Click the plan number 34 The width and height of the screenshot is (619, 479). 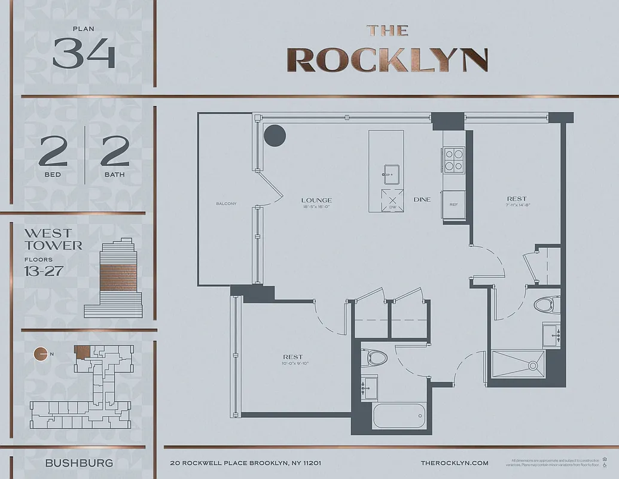click(83, 54)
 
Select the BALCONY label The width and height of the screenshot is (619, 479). click(226, 204)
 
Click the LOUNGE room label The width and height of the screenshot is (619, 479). click(316, 200)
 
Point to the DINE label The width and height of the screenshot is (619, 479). click(422, 200)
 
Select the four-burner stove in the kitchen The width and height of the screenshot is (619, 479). click(454, 159)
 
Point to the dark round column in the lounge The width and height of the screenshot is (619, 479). click(275, 135)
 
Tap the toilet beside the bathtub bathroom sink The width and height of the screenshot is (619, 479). click(376, 357)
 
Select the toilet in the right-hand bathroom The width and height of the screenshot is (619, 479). click(545, 305)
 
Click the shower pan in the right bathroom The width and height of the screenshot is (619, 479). click(518, 363)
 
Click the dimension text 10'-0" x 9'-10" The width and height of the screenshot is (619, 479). click(293, 363)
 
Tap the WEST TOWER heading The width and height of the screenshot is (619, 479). click(53, 239)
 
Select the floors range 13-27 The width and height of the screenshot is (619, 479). click(44, 270)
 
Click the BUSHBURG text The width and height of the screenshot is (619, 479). click(79, 463)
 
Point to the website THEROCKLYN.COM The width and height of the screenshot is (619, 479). click(455, 463)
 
